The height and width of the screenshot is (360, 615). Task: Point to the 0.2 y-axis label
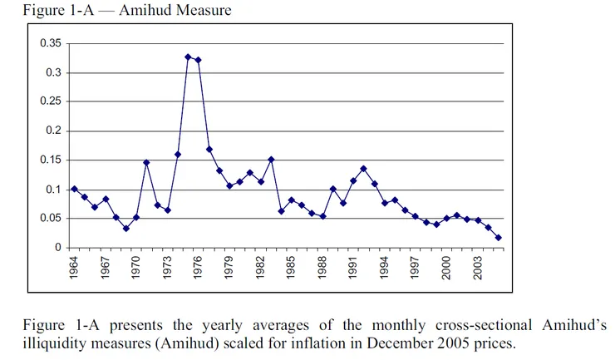click(53, 131)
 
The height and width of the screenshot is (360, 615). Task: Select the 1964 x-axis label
click(75, 267)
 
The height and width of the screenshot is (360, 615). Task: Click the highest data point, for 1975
click(188, 57)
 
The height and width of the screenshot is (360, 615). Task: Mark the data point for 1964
click(75, 189)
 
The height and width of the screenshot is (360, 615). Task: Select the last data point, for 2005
click(498, 238)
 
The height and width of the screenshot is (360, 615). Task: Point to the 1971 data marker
click(146, 162)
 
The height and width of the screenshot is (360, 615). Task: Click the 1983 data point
click(271, 159)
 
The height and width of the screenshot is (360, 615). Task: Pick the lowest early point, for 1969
click(126, 228)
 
